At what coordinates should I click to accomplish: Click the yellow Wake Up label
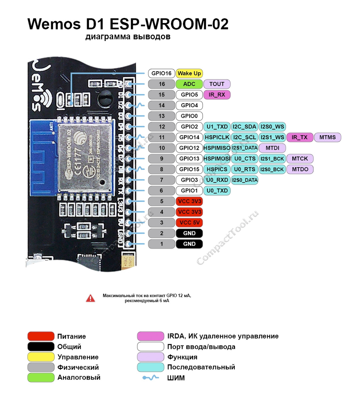tap(189, 73)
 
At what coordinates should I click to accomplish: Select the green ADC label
tap(189, 84)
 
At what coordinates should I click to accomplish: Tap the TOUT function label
tap(217, 84)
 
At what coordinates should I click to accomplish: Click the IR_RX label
tap(217, 95)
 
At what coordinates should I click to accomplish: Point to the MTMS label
tap(328, 137)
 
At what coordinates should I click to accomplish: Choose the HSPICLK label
tap(217, 137)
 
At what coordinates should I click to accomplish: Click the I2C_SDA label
tap(244, 127)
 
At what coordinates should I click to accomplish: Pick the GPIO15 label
tap(189, 169)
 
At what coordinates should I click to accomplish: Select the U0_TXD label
tap(217, 191)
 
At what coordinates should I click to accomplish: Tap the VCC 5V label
tap(189, 222)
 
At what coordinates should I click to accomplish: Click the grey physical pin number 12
tap(162, 127)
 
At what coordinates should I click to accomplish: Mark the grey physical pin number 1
tap(162, 244)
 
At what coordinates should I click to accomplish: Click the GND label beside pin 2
tap(189, 233)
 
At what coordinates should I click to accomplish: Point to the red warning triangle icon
tap(90, 298)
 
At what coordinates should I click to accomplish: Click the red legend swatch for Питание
tap(41, 336)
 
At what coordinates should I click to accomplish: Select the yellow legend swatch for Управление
tap(41, 357)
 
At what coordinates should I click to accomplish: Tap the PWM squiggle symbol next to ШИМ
tap(150, 378)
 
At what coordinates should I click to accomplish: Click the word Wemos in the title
tap(54, 24)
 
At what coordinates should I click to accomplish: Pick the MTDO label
tap(300, 169)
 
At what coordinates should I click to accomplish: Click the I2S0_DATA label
tap(244, 180)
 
